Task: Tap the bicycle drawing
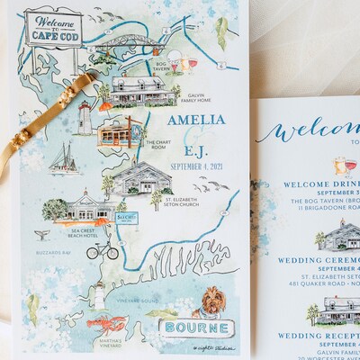(103, 248)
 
